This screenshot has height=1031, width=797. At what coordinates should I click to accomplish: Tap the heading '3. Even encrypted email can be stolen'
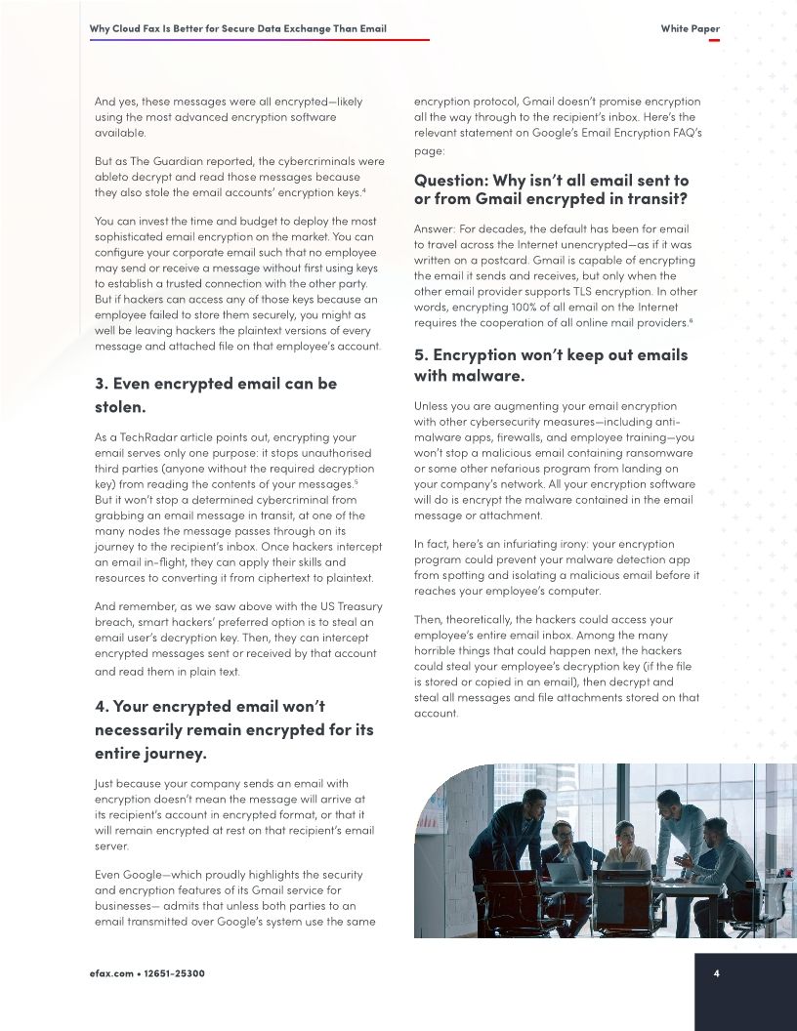(x=215, y=394)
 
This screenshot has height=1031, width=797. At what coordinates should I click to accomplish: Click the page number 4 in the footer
(x=716, y=973)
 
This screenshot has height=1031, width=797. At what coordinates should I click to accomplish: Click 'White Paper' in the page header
(x=690, y=28)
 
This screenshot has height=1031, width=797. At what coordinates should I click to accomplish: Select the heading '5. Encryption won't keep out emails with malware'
(x=550, y=365)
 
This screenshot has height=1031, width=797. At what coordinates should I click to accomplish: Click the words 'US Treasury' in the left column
(x=346, y=606)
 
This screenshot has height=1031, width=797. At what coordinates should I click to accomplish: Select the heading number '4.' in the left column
(x=103, y=706)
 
